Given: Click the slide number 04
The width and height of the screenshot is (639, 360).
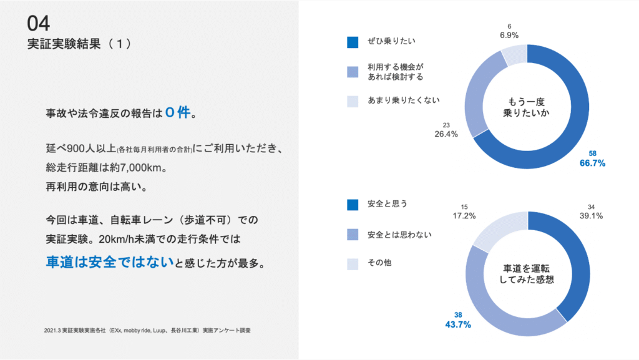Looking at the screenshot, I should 38,24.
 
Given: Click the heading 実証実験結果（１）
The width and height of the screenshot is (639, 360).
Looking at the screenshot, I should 79,44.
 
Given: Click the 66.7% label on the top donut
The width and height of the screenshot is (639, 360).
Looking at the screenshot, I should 592,163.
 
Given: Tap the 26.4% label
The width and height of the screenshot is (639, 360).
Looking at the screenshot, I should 446,134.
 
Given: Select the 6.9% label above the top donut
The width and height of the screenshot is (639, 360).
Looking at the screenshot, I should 509,35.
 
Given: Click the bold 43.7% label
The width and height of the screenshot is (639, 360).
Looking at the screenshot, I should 457,324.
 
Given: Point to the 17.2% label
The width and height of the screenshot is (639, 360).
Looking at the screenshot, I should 464,216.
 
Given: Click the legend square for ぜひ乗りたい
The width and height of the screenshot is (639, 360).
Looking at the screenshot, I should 353,42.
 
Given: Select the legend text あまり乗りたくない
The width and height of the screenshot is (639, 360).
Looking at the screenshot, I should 395,100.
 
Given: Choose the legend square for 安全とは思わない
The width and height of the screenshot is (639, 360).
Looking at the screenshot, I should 353,235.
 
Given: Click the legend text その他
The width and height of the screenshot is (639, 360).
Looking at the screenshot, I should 379,263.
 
